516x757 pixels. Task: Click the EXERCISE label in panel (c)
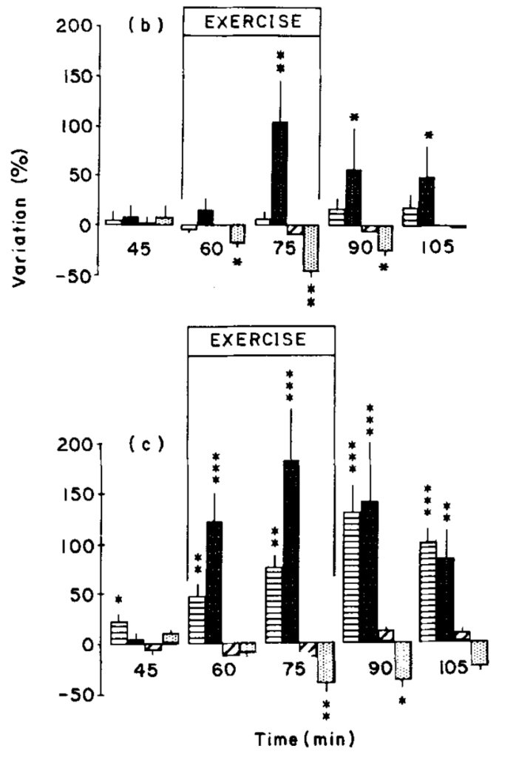tap(261, 342)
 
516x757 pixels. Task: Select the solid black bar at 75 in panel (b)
tap(280, 173)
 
